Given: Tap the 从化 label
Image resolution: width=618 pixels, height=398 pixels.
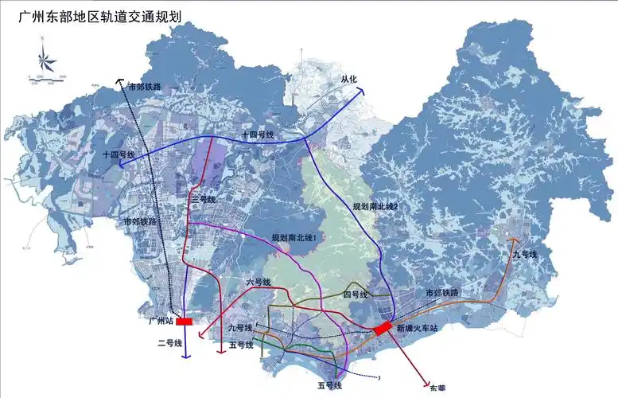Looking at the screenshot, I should point(351,79).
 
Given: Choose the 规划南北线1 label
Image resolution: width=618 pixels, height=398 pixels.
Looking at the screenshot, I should point(294,237).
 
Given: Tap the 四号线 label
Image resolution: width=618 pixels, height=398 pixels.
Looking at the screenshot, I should point(356,295).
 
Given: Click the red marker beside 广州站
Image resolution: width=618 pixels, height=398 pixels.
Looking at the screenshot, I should point(185,322).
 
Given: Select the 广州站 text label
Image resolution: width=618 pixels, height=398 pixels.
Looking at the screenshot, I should point(161,322).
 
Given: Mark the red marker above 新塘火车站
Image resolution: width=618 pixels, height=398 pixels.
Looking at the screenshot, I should point(382,327).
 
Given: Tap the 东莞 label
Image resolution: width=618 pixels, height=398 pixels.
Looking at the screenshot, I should point(438,388).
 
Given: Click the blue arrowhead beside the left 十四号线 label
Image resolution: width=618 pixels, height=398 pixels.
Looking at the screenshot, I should point(122,163).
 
